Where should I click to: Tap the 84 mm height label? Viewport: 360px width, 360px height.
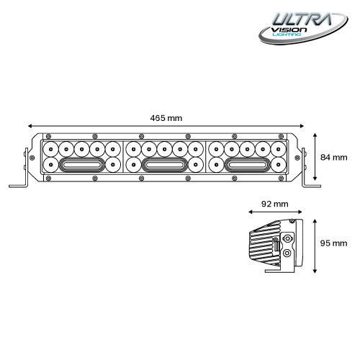(334, 157)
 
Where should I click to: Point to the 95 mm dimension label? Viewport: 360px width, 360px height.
(334, 243)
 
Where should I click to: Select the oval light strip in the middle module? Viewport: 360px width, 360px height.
(165, 165)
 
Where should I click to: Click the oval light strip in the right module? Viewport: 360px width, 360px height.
(247, 165)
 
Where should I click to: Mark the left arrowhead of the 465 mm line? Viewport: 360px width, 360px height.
(33, 125)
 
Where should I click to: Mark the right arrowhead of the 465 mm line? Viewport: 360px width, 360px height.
(299, 125)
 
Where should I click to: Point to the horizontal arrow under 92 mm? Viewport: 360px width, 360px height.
(271, 212)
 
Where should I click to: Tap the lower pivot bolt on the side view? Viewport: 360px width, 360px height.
(289, 253)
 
